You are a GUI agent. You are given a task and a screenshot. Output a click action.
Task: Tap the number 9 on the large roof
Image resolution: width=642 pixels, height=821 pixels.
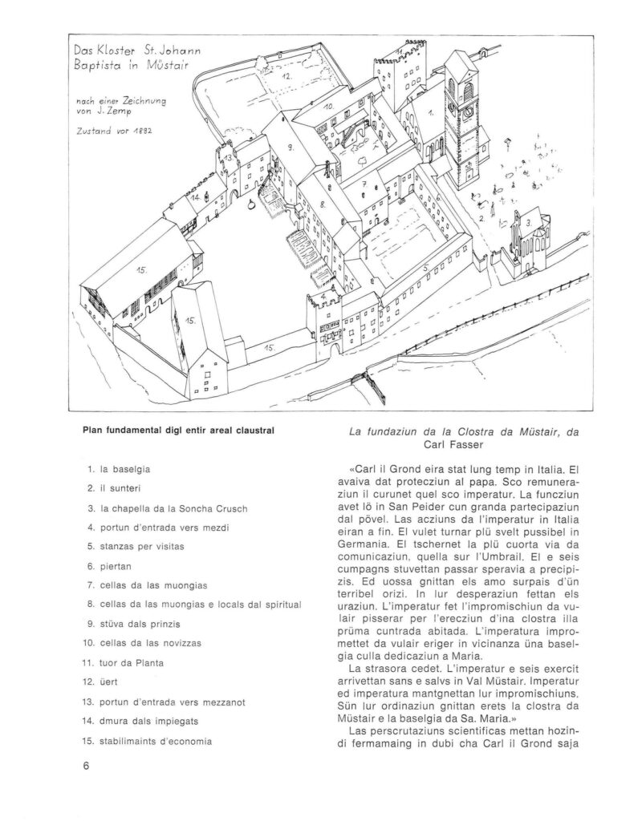pyautogui.click(x=290, y=149)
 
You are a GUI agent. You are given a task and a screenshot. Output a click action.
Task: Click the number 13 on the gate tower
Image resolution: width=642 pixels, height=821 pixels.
pyautogui.click(x=229, y=158)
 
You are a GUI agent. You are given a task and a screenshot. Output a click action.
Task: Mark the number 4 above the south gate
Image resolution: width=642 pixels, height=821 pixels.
pyautogui.click(x=323, y=297)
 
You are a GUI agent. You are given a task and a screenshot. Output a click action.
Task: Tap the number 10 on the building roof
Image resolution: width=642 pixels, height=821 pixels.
pyautogui.click(x=327, y=105)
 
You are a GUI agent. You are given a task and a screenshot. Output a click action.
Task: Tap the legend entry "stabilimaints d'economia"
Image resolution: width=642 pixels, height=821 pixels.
pyautogui.click(x=156, y=741)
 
